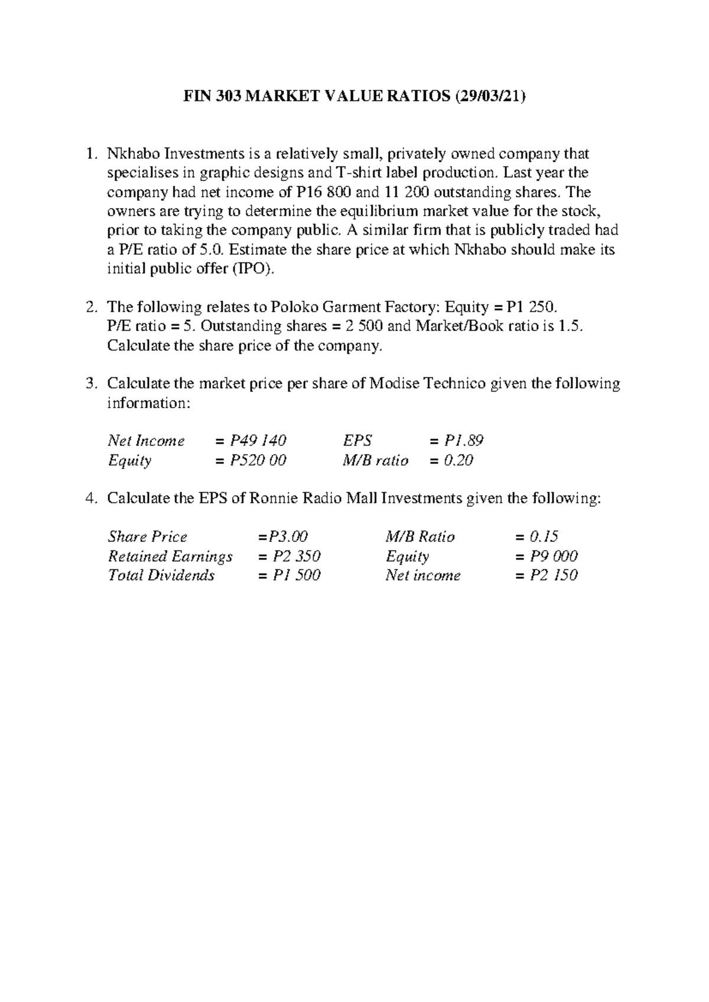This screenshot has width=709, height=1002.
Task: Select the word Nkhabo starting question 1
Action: click(x=133, y=154)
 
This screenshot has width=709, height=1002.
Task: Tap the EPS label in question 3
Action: click(x=357, y=441)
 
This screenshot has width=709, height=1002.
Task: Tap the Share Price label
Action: click(x=147, y=537)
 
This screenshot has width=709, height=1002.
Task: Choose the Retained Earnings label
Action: click(x=170, y=557)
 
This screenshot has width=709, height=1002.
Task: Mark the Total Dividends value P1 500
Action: click(x=296, y=575)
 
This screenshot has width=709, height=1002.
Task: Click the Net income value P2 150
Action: click(x=553, y=575)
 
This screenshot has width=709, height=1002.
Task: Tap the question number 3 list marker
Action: click(x=90, y=384)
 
